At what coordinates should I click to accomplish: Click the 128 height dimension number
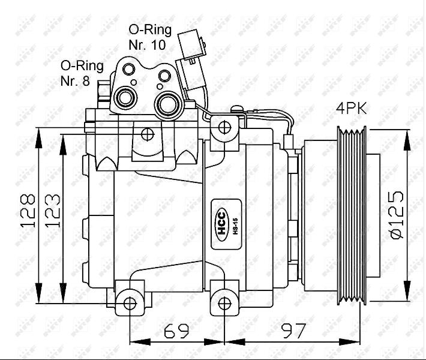click(x=28, y=210)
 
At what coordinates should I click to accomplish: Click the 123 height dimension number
click(x=52, y=210)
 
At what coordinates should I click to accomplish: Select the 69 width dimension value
click(x=176, y=331)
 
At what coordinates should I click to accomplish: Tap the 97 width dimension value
click(x=293, y=331)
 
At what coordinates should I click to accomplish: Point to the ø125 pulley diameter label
click(x=397, y=215)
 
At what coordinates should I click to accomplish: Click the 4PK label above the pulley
click(x=351, y=108)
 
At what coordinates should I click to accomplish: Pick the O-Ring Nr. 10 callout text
click(x=150, y=37)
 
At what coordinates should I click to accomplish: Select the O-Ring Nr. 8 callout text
click(x=82, y=73)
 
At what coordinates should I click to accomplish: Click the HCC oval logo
click(x=222, y=224)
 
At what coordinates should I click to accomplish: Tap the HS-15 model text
click(x=235, y=226)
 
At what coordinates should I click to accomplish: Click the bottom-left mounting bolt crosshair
click(x=130, y=303)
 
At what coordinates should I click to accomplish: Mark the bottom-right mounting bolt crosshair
click(x=224, y=303)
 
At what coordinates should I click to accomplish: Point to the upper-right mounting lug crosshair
click(x=224, y=127)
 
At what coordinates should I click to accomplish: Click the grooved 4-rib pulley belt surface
click(x=352, y=215)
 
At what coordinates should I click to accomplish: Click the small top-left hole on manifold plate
click(x=129, y=69)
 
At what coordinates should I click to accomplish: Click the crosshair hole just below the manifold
click(x=148, y=134)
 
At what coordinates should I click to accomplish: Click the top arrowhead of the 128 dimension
click(x=39, y=139)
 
